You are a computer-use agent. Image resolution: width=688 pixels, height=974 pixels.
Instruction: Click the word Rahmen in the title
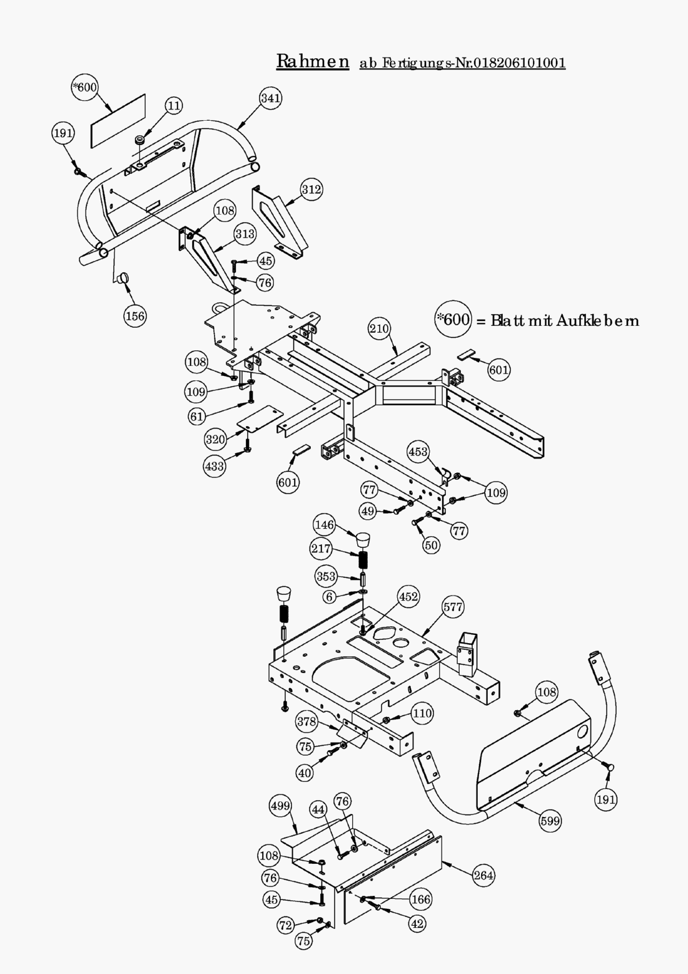[313, 61]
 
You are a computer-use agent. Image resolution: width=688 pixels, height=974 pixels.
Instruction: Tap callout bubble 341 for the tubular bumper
[270, 98]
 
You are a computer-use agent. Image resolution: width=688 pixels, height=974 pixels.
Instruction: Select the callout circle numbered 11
[174, 106]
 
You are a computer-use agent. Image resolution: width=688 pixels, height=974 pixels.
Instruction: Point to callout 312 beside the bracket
[311, 189]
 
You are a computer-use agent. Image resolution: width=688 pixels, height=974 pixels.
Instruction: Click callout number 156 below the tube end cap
[135, 316]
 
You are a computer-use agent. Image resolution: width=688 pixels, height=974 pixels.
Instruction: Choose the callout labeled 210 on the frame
[379, 328]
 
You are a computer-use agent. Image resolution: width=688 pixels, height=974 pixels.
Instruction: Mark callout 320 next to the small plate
[215, 439]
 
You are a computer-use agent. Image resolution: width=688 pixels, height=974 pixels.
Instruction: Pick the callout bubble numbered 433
[215, 466]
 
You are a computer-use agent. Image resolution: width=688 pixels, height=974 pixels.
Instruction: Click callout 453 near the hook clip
[418, 451]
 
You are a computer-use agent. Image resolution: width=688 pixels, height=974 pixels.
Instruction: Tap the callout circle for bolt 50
[432, 545]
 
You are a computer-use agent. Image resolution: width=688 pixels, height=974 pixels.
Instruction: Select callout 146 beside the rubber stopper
[325, 525]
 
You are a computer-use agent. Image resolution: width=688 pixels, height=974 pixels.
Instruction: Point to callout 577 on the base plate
[453, 606]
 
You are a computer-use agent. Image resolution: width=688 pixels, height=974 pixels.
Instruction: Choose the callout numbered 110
[423, 713]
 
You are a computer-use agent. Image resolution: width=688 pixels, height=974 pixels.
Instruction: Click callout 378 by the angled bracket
[306, 722]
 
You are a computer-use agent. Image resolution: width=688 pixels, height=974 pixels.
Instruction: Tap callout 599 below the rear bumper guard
[550, 821]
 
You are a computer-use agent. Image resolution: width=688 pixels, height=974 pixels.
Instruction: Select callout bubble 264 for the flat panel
[483, 875]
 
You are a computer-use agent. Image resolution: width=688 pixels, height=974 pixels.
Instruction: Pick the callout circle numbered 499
[280, 806]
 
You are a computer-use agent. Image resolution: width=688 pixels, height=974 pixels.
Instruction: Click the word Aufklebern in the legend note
[597, 321]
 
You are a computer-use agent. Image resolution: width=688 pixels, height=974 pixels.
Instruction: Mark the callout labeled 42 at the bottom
[417, 923]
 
